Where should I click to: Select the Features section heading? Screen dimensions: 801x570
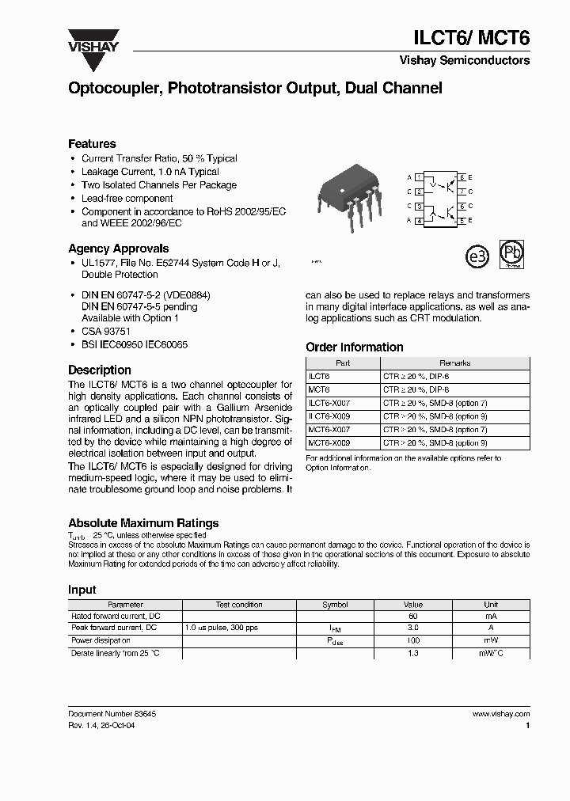[x=92, y=144]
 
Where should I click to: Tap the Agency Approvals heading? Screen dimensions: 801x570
[x=118, y=248]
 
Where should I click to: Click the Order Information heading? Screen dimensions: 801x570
[x=354, y=347]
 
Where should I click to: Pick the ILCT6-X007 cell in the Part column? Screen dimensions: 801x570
[x=329, y=403]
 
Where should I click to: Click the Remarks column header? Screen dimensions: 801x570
[x=454, y=363]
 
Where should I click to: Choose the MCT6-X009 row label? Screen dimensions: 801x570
[x=329, y=443]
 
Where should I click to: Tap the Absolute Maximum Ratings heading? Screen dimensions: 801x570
[x=143, y=523]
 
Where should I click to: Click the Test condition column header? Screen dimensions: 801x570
[x=239, y=605]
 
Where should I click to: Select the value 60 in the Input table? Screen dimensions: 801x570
[x=412, y=616]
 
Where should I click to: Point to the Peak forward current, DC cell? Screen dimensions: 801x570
[x=114, y=628]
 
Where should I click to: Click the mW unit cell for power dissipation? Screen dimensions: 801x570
[x=491, y=640]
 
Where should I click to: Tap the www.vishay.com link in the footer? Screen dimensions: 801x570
[x=500, y=714]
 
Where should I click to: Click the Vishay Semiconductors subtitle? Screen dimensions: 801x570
[x=464, y=60]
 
